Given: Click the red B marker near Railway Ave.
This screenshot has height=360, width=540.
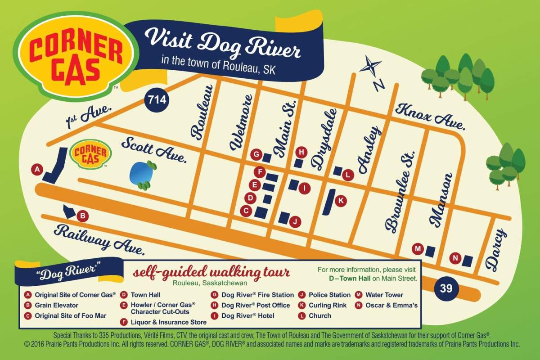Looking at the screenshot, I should click(82, 216).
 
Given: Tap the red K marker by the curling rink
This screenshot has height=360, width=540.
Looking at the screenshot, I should click(341, 201).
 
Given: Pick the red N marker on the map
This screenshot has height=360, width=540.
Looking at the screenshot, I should click(455, 258).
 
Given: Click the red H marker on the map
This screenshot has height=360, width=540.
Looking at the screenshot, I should click(302, 152).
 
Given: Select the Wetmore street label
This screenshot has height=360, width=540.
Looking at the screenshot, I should click(241, 122).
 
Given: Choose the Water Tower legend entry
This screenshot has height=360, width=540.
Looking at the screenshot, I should click(384, 295).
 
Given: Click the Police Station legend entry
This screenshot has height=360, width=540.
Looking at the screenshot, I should click(329, 295).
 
